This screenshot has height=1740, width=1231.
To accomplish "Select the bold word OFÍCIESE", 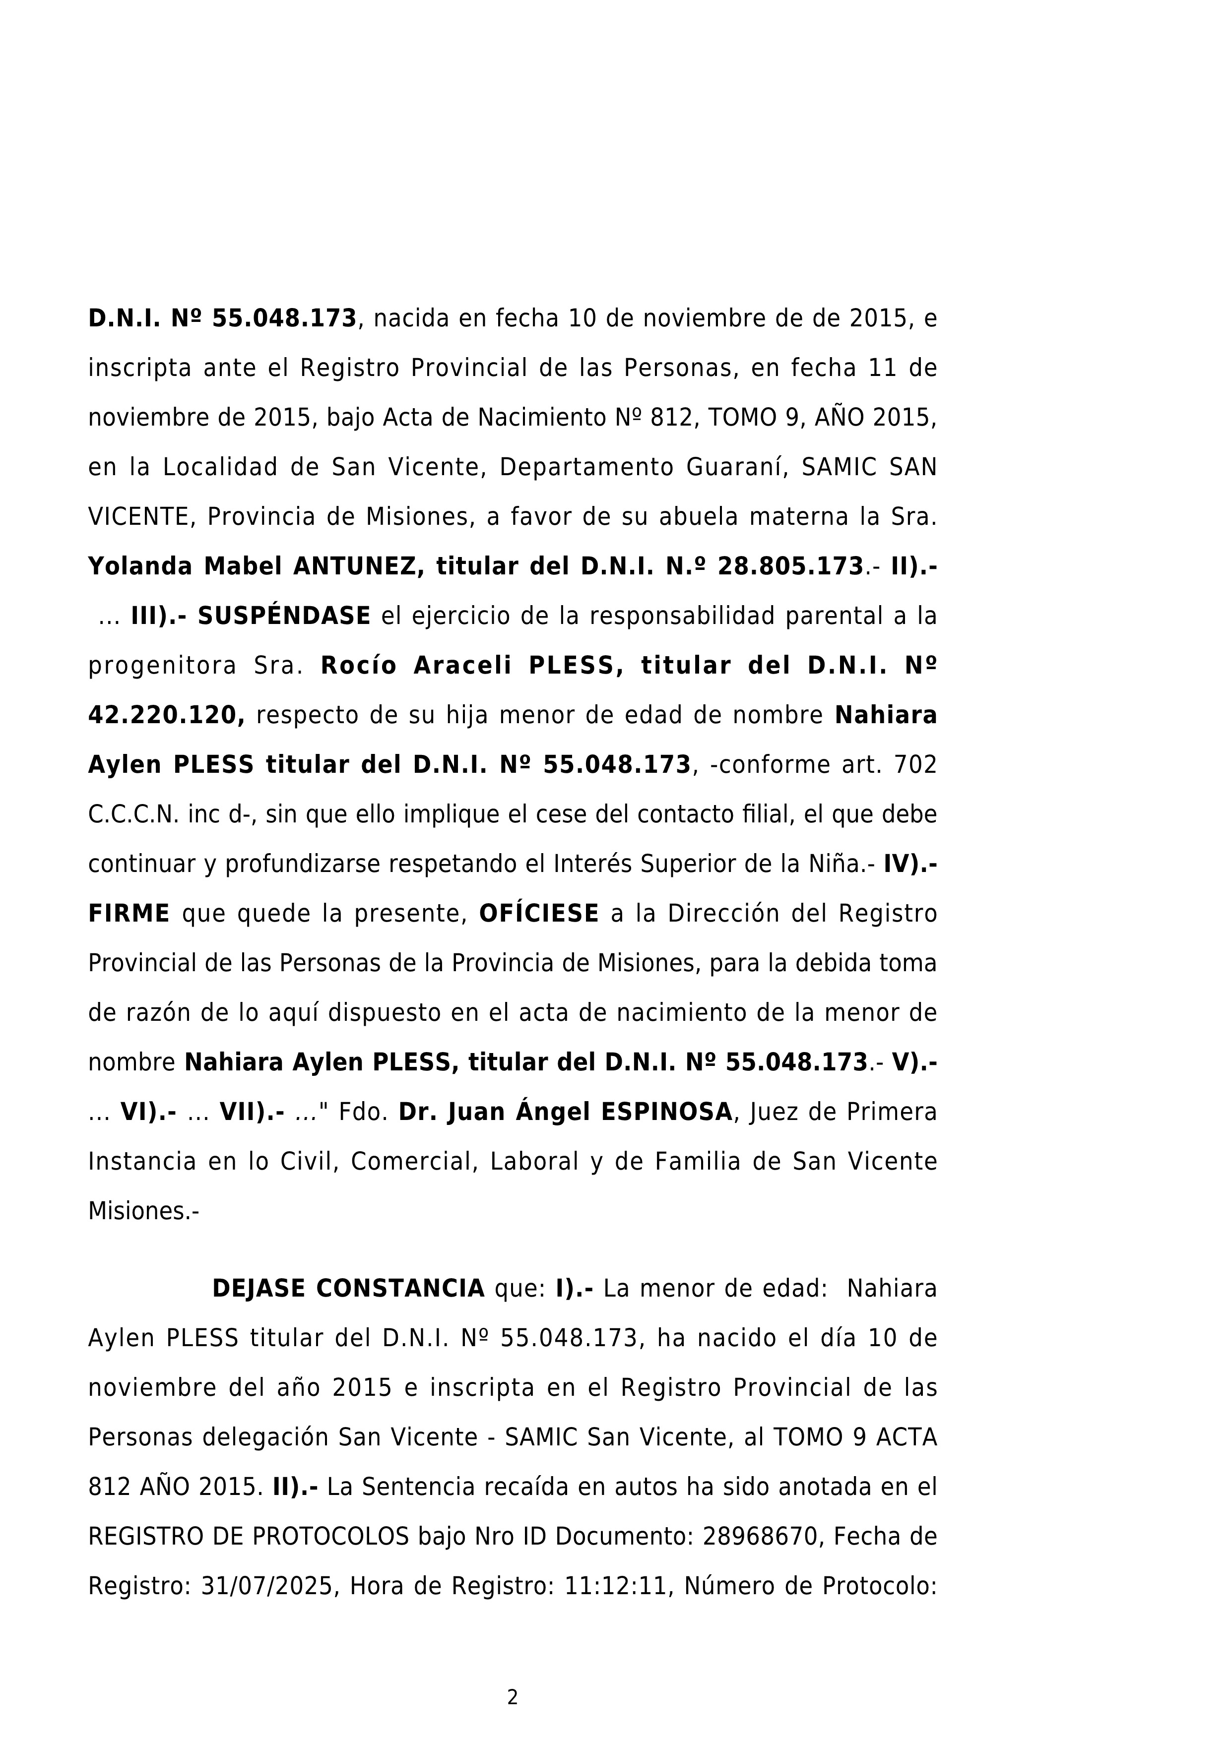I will tap(538, 914).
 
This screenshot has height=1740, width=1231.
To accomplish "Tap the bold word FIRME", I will tap(129, 914).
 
